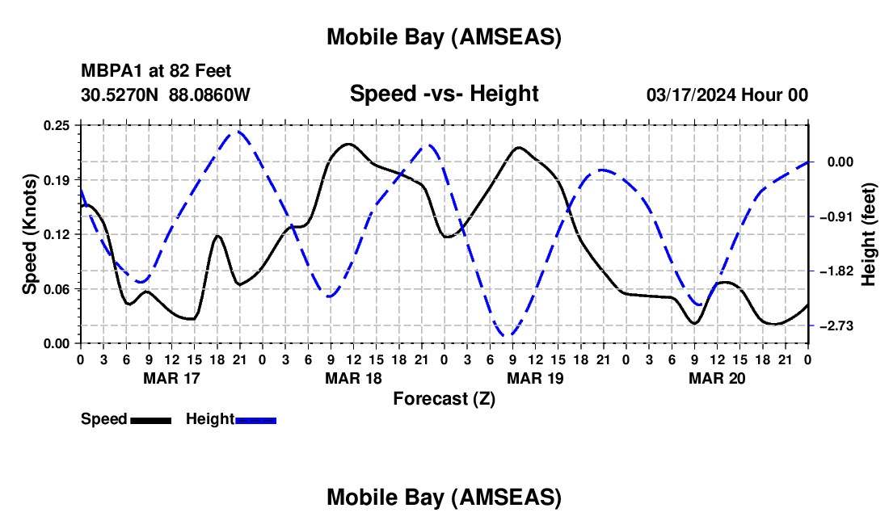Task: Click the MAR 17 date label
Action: point(171,378)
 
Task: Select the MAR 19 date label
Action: point(534,378)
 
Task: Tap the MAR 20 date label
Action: point(716,378)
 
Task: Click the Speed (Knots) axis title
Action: point(30,234)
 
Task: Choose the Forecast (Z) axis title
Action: point(443,398)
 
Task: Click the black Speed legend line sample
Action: point(150,420)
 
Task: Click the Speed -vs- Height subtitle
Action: point(444,94)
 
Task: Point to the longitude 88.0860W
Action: point(210,94)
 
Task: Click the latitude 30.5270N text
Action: point(120,94)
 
